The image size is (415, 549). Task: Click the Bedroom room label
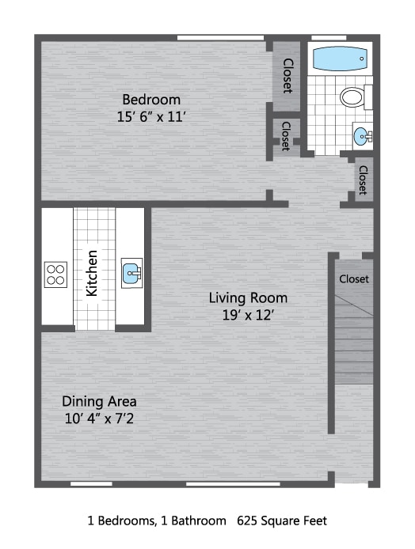pyautogui.click(x=150, y=100)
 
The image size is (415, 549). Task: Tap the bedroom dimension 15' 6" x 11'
pyautogui.click(x=150, y=117)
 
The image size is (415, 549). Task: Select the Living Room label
pyautogui.click(x=248, y=298)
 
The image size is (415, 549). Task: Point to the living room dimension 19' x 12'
pyautogui.click(x=248, y=315)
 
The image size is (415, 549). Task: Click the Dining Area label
pyautogui.click(x=100, y=401)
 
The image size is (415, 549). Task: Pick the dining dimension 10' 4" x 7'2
pyautogui.click(x=100, y=418)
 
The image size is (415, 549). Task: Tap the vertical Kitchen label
pyautogui.click(x=93, y=273)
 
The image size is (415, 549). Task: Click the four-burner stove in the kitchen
pyautogui.click(x=55, y=274)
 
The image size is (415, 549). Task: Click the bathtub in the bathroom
pyautogui.click(x=340, y=59)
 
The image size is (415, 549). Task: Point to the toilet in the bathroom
pyautogui.click(x=353, y=97)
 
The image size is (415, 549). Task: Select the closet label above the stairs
pyautogui.click(x=354, y=279)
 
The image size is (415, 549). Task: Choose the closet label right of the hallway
pyautogui.click(x=363, y=180)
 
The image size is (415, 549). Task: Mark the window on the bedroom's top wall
pyautogui.click(x=219, y=37)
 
